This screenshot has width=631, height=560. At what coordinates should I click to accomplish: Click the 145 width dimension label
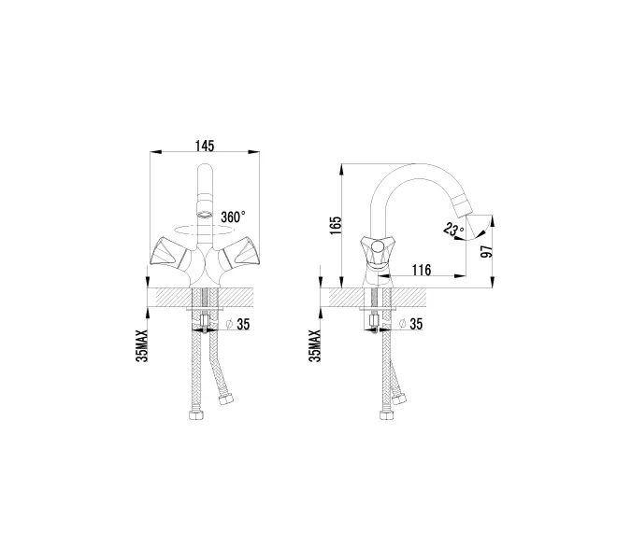tap(205, 146)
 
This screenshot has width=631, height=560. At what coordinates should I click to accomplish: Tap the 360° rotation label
tap(233, 217)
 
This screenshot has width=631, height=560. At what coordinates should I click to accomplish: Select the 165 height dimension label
tap(336, 226)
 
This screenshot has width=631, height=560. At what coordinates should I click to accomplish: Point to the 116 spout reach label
tap(422, 270)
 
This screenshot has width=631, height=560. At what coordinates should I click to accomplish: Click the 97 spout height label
tap(487, 251)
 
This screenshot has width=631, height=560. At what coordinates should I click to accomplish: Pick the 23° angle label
tap(453, 229)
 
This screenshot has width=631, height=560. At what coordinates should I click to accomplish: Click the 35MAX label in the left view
tap(142, 345)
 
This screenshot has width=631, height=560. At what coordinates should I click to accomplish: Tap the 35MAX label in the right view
tap(315, 345)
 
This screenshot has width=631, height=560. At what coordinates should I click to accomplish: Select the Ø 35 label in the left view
tap(237, 324)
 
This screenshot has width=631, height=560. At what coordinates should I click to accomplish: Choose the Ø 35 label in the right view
tap(410, 324)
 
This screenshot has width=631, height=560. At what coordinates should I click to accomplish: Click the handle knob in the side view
tap(378, 245)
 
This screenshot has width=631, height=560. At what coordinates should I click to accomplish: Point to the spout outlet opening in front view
tap(205, 214)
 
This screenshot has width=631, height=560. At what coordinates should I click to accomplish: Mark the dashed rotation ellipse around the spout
tap(204, 231)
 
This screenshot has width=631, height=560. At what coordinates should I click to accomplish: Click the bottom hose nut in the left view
tap(196, 414)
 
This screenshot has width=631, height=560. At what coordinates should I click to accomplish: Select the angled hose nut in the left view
tap(225, 399)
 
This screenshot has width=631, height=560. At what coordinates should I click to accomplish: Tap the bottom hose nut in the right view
tap(387, 414)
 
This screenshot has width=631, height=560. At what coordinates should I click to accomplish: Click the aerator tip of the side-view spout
tap(460, 205)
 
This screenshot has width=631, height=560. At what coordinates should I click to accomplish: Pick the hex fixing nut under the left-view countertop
tap(205, 321)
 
